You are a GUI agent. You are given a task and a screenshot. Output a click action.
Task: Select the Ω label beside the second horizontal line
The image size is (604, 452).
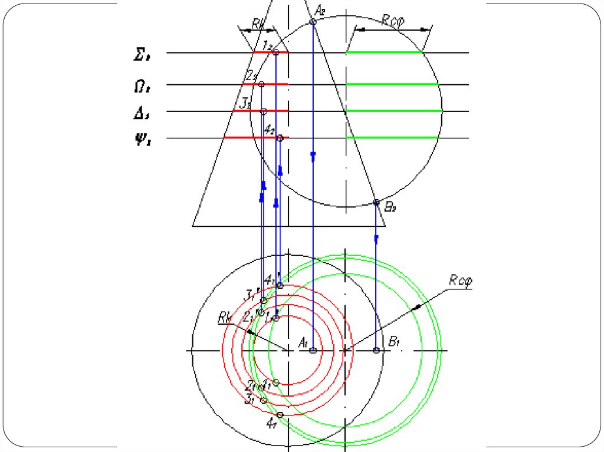pyautogui.click(x=142, y=87)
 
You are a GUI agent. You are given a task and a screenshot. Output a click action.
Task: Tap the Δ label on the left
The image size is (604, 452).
pyautogui.click(x=142, y=113)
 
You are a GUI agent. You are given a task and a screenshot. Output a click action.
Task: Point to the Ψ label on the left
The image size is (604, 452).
pyautogui.click(x=142, y=141)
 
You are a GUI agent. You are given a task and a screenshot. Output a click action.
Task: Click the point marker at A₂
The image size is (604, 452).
pyautogui.click(x=313, y=22)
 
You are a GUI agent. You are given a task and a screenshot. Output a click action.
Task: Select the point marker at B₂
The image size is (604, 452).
pyautogui.click(x=376, y=203)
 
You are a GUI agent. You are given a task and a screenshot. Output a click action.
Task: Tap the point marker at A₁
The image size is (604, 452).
pyautogui.click(x=313, y=351)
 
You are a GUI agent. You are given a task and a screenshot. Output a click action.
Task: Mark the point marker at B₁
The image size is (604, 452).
pyautogui.click(x=377, y=351)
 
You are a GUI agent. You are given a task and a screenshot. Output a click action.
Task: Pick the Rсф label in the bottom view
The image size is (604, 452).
pyautogui.click(x=461, y=281)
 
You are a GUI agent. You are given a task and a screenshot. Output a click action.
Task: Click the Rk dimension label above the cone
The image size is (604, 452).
pyautogui.click(x=257, y=23)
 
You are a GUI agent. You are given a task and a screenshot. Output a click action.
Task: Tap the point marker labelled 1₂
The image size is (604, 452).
pyautogui.click(x=275, y=52)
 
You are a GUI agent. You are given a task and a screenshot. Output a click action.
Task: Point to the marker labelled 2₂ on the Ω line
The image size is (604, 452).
pyautogui.click(x=261, y=84)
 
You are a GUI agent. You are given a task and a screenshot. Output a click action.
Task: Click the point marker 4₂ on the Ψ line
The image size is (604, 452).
pyautogui.click(x=280, y=138)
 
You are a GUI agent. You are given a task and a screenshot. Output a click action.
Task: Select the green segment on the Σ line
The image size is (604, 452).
pyautogui.click(x=383, y=53)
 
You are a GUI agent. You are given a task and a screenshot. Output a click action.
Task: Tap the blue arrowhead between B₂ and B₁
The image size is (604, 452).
pyautogui.click(x=376, y=239)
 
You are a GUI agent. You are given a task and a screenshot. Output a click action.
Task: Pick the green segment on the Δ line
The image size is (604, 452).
pyautogui.click(x=393, y=111)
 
